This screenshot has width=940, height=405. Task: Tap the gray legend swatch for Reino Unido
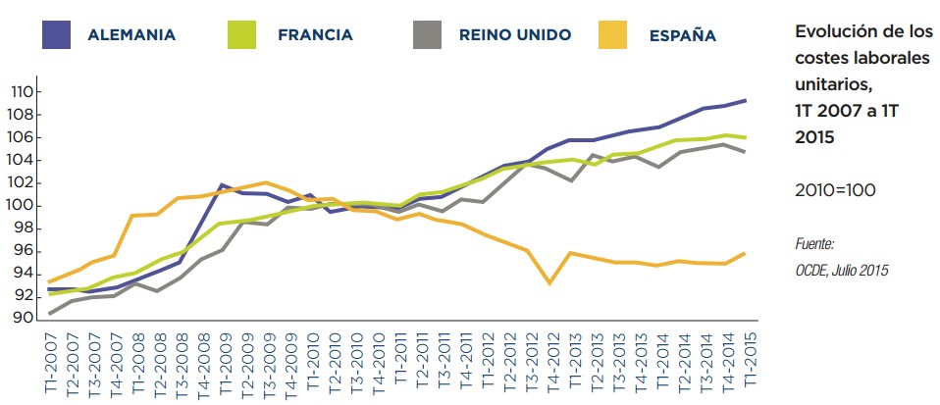coord(428,35)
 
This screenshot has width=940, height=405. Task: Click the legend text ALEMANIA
coord(131,35)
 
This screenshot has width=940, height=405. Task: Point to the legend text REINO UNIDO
coord(515,35)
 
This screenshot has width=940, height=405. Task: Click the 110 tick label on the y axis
coord(21,92)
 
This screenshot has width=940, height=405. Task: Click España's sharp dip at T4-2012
coord(550,283)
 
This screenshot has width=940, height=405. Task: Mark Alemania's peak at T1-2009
coord(223,184)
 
